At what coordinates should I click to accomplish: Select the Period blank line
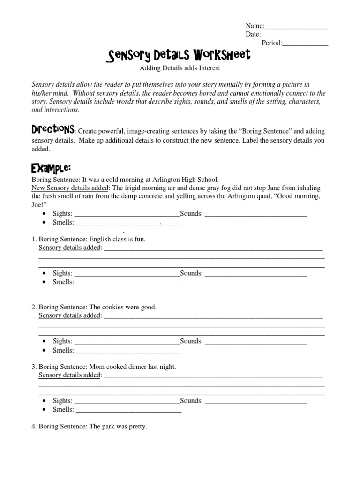point(305,44)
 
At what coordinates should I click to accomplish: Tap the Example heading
point(51,168)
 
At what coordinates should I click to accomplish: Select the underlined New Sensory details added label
point(70,187)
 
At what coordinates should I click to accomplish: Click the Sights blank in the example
point(127,214)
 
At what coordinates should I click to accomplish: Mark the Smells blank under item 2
point(128,351)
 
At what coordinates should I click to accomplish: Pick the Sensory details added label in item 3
point(70,375)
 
